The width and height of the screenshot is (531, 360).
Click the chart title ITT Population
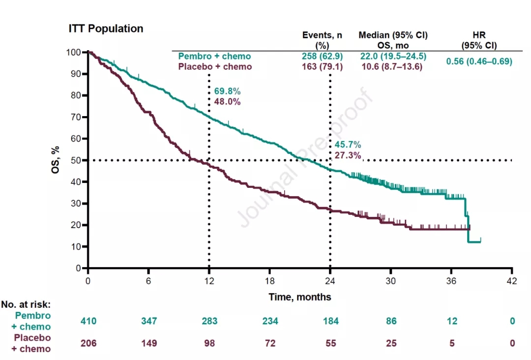[106, 29]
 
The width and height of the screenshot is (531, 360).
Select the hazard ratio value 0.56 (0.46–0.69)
[479, 61]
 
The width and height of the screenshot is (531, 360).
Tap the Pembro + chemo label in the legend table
[214, 57]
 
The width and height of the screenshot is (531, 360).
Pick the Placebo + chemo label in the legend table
[215, 67]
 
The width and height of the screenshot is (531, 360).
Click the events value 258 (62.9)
[322, 57]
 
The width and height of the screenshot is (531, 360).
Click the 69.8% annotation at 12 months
[227, 91]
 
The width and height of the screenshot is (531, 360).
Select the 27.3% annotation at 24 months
[348, 155]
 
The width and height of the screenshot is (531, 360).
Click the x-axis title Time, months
[300, 297]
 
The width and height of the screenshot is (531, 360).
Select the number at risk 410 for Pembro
[88, 321]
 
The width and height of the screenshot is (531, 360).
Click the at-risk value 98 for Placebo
[209, 343]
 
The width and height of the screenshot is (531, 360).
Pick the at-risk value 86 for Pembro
[391, 321]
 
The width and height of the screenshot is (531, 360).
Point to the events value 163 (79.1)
[322, 67]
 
